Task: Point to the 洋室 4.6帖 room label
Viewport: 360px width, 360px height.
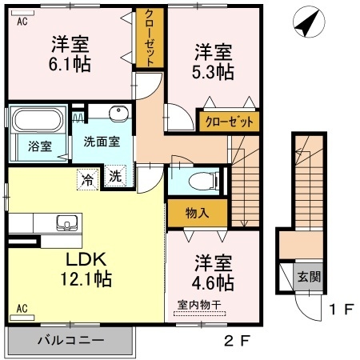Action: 213,273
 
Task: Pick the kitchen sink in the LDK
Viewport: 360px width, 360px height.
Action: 65,222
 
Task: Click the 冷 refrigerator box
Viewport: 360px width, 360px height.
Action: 86,179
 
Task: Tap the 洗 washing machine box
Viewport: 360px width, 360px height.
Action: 116,178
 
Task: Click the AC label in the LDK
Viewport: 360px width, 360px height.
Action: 22,308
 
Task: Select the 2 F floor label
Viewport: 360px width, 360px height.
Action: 238,341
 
